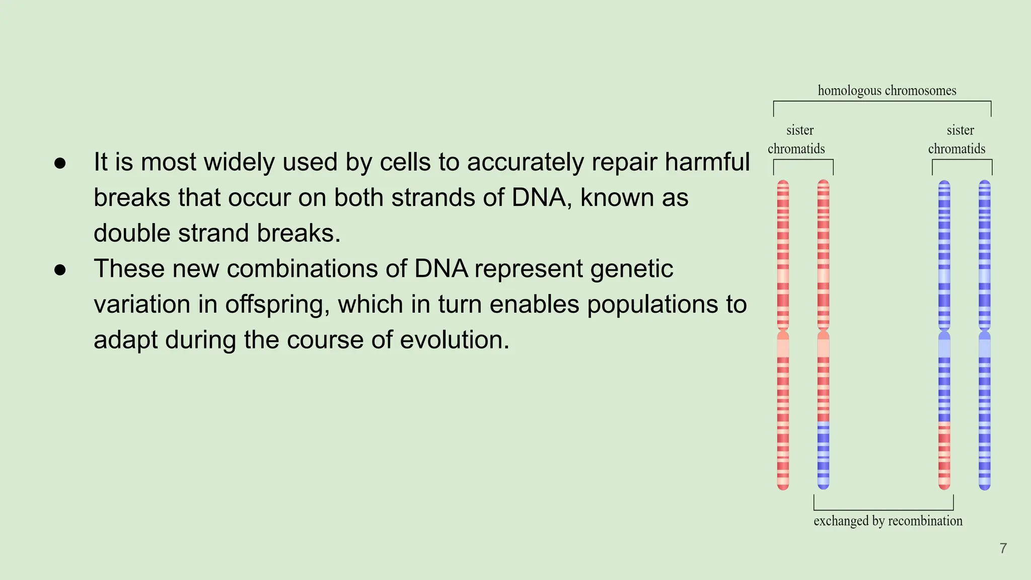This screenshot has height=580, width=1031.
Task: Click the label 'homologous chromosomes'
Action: click(887, 91)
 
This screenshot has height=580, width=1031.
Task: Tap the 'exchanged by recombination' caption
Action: click(888, 521)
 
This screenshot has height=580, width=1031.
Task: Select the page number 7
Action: click(1003, 548)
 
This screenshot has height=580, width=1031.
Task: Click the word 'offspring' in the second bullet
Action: click(277, 305)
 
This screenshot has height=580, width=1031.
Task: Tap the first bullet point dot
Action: click(60, 163)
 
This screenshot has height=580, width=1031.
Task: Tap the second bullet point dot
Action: click(60, 270)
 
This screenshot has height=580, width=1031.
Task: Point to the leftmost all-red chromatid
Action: click(783, 334)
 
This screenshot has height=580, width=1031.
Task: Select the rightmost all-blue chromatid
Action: click(985, 334)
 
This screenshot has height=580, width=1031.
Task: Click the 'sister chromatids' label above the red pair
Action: click(797, 139)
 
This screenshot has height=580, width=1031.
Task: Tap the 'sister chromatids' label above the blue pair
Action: click(958, 139)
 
